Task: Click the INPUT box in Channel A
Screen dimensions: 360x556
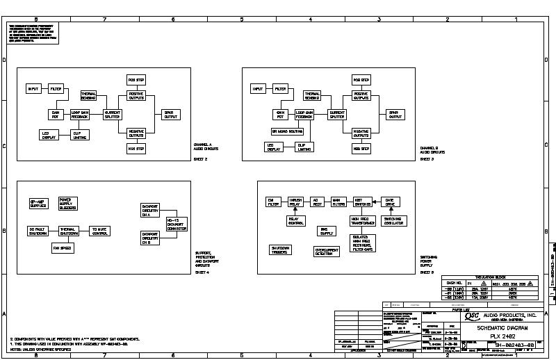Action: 33,90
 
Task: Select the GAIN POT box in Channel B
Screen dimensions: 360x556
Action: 281,113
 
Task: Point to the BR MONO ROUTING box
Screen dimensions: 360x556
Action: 285,131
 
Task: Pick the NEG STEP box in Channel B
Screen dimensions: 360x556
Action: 361,149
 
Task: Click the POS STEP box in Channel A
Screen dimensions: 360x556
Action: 136,81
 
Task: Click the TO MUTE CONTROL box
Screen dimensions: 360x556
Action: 100,230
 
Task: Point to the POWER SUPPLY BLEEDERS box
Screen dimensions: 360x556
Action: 68,204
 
